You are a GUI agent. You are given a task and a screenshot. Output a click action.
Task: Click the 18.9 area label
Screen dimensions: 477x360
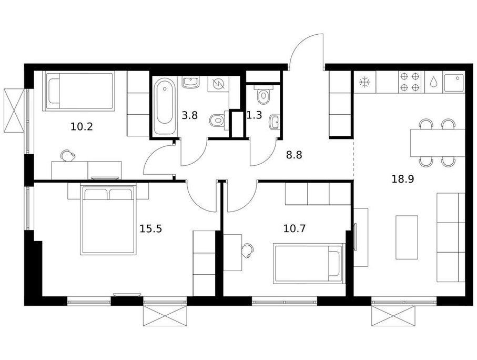[x=402, y=179]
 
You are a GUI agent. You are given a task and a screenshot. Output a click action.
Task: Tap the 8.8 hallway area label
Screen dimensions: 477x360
[x=294, y=155]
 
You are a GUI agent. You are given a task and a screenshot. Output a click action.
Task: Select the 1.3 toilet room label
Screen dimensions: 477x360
[x=254, y=115]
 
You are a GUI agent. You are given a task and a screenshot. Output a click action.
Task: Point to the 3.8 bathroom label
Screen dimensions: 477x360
[x=189, y=115]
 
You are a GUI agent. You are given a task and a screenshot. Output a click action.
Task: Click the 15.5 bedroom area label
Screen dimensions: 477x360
[x=150, y=228]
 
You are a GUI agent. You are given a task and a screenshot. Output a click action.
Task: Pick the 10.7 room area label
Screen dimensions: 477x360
[x=294, y=228]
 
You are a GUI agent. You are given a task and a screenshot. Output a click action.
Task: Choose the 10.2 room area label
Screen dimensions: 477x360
[x=82, y=126]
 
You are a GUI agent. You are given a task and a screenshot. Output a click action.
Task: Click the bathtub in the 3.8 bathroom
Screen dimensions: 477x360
[x=165, y=106]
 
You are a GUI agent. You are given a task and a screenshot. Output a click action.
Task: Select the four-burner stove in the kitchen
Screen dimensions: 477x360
[x=410, y=82]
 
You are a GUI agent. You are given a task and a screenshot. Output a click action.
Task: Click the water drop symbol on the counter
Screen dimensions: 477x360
[x=433, y=82]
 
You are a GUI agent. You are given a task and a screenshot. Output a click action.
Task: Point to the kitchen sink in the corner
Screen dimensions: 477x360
[x=454, y=82]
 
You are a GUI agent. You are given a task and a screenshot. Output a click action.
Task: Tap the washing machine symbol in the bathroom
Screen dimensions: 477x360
[x=219, y=84]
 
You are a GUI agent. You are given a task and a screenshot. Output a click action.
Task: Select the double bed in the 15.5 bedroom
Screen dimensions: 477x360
[x=108, y=219]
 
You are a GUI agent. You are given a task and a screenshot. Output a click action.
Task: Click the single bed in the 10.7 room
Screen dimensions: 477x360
[x=309, y=263]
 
